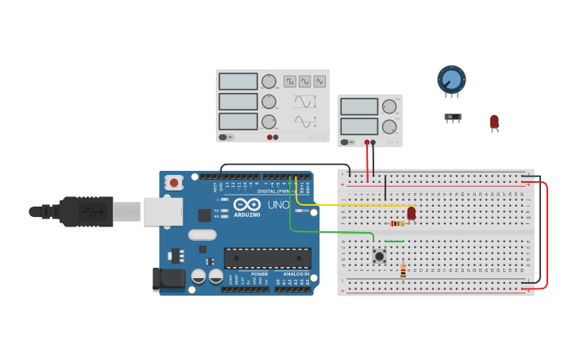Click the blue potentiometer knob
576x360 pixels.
(451, 79)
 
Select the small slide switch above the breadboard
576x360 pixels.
(452, 118)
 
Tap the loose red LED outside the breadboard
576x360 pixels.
(494, 122)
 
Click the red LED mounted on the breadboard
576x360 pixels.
(412, 213)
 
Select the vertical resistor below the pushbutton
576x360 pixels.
(403, 271)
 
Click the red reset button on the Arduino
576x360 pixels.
(174, 183)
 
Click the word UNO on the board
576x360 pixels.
(278, 205)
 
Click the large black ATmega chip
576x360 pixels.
(267, 257)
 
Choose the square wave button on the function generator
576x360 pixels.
(290, 81)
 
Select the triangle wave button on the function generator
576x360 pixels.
(319, 81)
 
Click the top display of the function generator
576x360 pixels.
(238, 81)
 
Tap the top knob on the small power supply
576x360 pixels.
(389, 106)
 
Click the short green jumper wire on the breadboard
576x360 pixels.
(394, 242)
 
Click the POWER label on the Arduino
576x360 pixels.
(260, 274)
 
